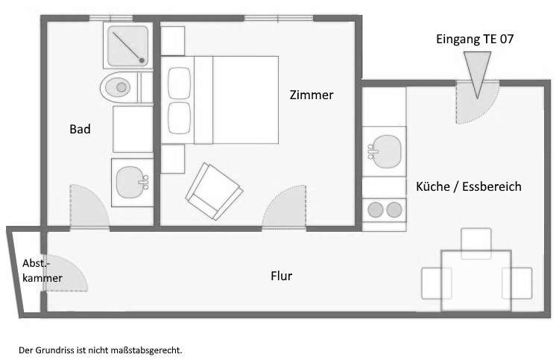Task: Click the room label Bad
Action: (x=80, y=129)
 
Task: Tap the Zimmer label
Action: (x=312, y=95)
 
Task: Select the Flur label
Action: (x=281, y=276)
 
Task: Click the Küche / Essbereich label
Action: (x=469, y=186)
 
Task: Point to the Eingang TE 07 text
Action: (x=475, y=39)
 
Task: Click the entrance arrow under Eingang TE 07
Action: (x=477, y=73)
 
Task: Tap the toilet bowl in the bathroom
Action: (x=118, y=87)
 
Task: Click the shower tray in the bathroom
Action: (x=128, y=46)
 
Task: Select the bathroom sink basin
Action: (x=131, y=182)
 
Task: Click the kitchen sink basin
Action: (x=385, y=151)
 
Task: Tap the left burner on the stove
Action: (x=376, y=209)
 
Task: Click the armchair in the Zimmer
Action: (x=214, y=191)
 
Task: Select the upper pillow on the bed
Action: (x=179, y=83)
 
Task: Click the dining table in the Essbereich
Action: (x=476, y=281)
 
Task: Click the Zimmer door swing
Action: (x=284, y=206)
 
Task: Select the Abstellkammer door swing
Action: (x=66, y=273)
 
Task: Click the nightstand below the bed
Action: (x=173, y=159)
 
